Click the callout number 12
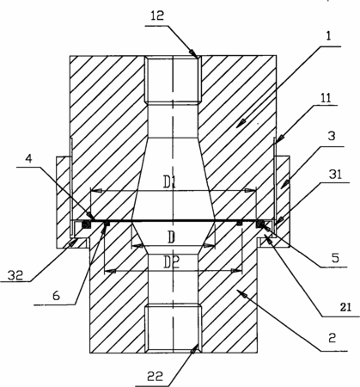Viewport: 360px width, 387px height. (x=157, y=15)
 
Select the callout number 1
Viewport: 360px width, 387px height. (x=328, y=36)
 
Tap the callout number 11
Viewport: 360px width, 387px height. (x=326, y=98)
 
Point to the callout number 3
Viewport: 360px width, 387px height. (x=332, y=136)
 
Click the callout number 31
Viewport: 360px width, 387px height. (x=335, y=175)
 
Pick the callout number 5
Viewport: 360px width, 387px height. (x=335, y=258)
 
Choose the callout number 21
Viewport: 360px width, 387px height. (x=345, y=307)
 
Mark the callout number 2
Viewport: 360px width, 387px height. (x=332, y=338)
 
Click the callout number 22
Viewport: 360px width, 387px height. (x=155, y=376)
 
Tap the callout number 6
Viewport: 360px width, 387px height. (x=57, y=295)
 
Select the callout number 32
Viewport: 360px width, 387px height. (x=15, y=275)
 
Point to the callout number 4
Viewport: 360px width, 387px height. (x=28, y=158)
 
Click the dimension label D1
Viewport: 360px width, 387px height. (x=169, y=182)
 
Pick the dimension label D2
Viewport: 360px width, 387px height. (x=172, y=262)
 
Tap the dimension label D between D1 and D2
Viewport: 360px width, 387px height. (x=171, y=237)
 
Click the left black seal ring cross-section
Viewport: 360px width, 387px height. (x=86, y=224)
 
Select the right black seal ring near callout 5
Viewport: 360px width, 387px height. (x=260, y=224)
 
